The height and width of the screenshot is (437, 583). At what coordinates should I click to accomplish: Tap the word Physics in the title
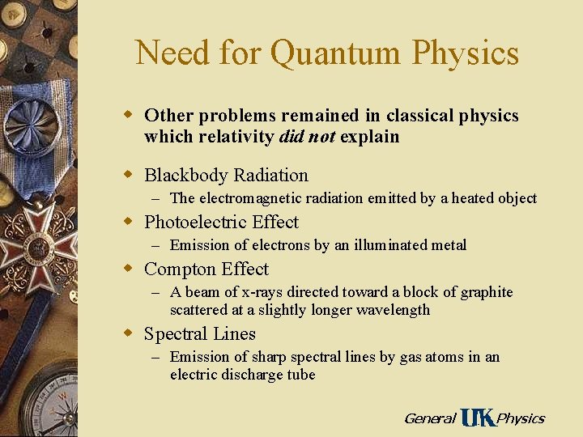(x=465, y=53)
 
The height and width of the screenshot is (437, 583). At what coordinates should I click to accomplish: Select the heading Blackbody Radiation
(x=226, y=176)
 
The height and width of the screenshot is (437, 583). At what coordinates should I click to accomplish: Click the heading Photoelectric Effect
(x=221, y=223)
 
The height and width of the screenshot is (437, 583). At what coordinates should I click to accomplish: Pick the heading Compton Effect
(x=206, y=269)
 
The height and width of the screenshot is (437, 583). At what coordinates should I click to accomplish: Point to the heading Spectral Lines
(x=199, y=334)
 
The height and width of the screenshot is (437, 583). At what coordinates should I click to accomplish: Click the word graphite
(x=483, y=292)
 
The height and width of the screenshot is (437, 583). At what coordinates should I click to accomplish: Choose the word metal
(x=448, y=245)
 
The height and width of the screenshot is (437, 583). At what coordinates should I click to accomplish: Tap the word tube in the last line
(x=300, y=375)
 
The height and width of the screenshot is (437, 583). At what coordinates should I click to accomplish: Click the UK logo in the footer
(x=477, y=418)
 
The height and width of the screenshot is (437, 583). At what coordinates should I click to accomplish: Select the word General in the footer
(x=429, y=418)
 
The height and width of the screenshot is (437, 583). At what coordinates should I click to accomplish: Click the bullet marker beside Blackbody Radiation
(x=126, y=175)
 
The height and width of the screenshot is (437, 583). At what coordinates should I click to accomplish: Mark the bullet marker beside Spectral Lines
(x=126, y=333)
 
